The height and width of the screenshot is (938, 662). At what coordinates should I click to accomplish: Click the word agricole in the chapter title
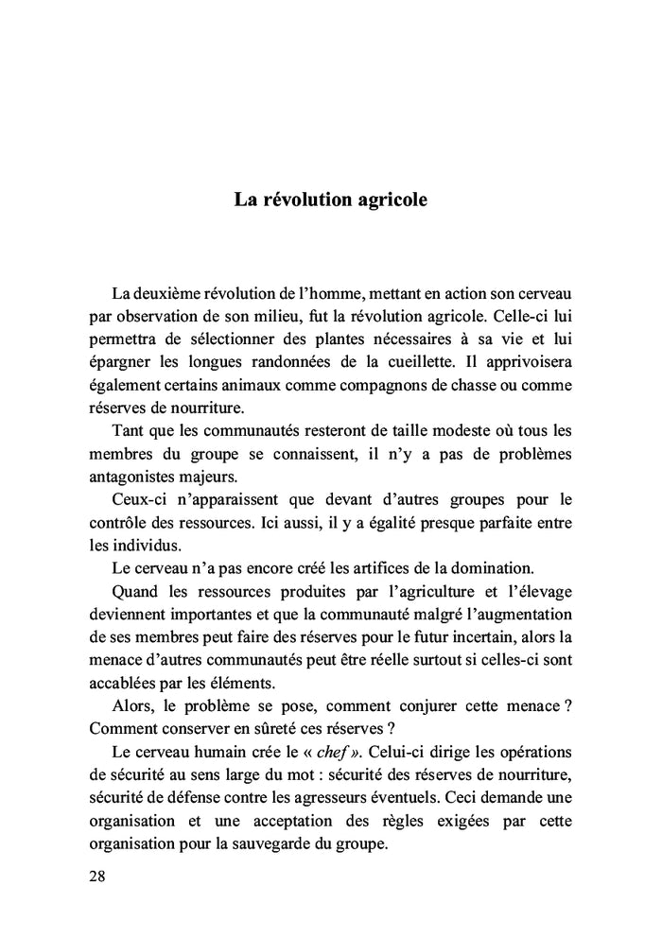(388, 201)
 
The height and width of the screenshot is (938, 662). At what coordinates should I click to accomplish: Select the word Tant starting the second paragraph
(128, 431)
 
